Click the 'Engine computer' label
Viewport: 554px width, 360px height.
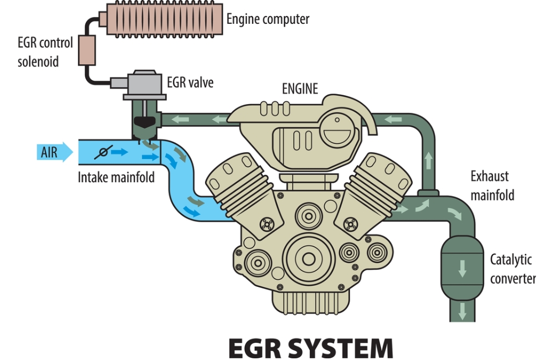pyautogui.click(x=268, y=19)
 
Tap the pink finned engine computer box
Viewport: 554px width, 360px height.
pyautogui.click(x=165, y=19)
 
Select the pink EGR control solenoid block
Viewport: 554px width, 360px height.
pyautogui.click(x=87, y=50)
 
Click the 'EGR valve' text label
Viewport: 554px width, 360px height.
pyautogui.click(x=190, y=83)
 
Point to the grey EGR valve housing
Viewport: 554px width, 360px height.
pyautogui.click(x=145, y=84)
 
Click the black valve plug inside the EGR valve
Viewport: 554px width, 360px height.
pyautogui.click(x=145, y=122)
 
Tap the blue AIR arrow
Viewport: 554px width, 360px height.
pyautogui.click(x=55, y=152)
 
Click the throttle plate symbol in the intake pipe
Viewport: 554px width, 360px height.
pyautogui.click(x=103, y=152)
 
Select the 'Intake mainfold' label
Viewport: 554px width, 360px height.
pyautogui.click(x=116, y=177)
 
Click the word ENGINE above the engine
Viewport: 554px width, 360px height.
pyautogui.click(x=300, y=89)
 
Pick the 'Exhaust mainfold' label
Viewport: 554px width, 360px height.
pyautogui.click(x=492, y=186)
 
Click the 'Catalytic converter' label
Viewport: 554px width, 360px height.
pyautogui.click(x=512, y=269)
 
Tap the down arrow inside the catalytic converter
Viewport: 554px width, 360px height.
pyautogui.click(x=462, y=269)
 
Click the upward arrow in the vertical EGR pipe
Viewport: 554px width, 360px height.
pyautogui.click(x=428, y=161)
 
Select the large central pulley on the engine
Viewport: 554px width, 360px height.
pyautogui.click(x=309, y=259)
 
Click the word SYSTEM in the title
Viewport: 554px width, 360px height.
pyautogui.click(x=341, y=348)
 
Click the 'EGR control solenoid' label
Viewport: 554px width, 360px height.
pyautogui.click(x=45, y=52)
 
